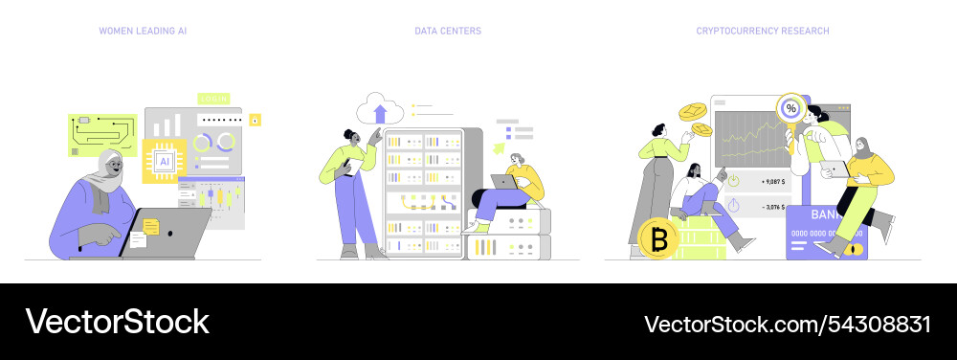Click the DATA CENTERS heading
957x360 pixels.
448,31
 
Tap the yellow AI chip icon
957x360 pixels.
164,160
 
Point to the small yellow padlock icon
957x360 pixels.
255,120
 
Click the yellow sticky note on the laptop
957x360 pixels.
151,226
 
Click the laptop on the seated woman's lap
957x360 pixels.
504,182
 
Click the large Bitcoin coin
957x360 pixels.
657,238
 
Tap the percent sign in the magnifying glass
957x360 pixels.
790,108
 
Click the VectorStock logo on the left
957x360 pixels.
117,323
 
